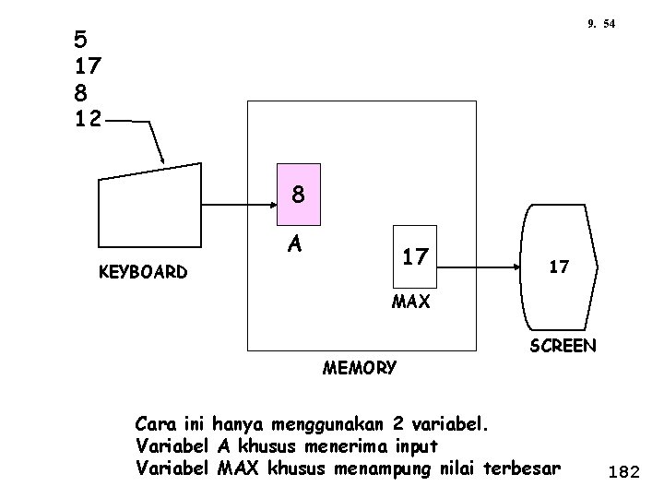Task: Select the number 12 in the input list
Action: click(89, 118)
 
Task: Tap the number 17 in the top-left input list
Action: click(89, 66)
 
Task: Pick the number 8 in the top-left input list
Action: click(81, 92)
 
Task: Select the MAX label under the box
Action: click(411, 302)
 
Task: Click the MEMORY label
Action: click(360, 368)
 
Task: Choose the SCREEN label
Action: click(563, 347)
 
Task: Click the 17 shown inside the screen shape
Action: click(560, 267)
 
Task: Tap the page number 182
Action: click(624, 473)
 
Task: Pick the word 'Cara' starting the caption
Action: click(153, 425)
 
